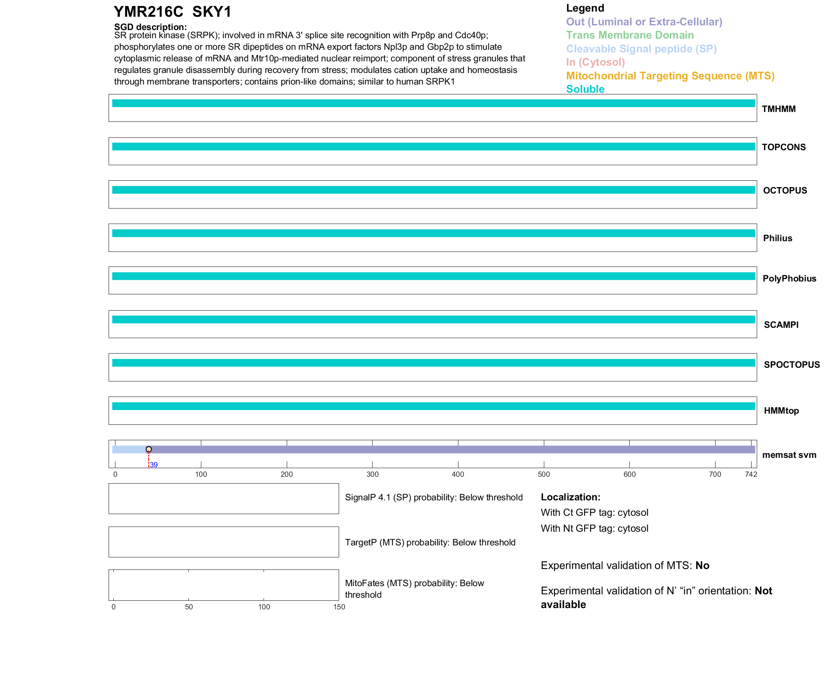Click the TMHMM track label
[x=778, y=109]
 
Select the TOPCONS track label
[x=783, y=147]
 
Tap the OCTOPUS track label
[x=785, y=191]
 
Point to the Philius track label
[x=777, y=238]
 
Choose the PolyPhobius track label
[x=789, y=278]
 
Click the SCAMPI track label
[x=781, y=325]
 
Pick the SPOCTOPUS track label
[x=792, y=365]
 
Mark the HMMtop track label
[x=781, y=411]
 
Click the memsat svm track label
[x=789, y=455]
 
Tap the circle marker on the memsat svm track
[x=149, y=449]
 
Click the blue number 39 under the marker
[x=154, y=465]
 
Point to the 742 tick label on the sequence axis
[x=751, y=474]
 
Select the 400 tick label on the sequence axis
[x=458, y=474]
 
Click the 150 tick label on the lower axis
[x=339, y=607]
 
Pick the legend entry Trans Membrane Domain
[x=630, y=35]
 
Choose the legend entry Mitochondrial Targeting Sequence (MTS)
[x=670, y=76]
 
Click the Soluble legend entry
[x=585, y=89]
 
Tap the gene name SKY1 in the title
[x=212, y=12]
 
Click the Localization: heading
[x=570, y=497]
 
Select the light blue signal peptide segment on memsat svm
[x=129, y=449]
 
